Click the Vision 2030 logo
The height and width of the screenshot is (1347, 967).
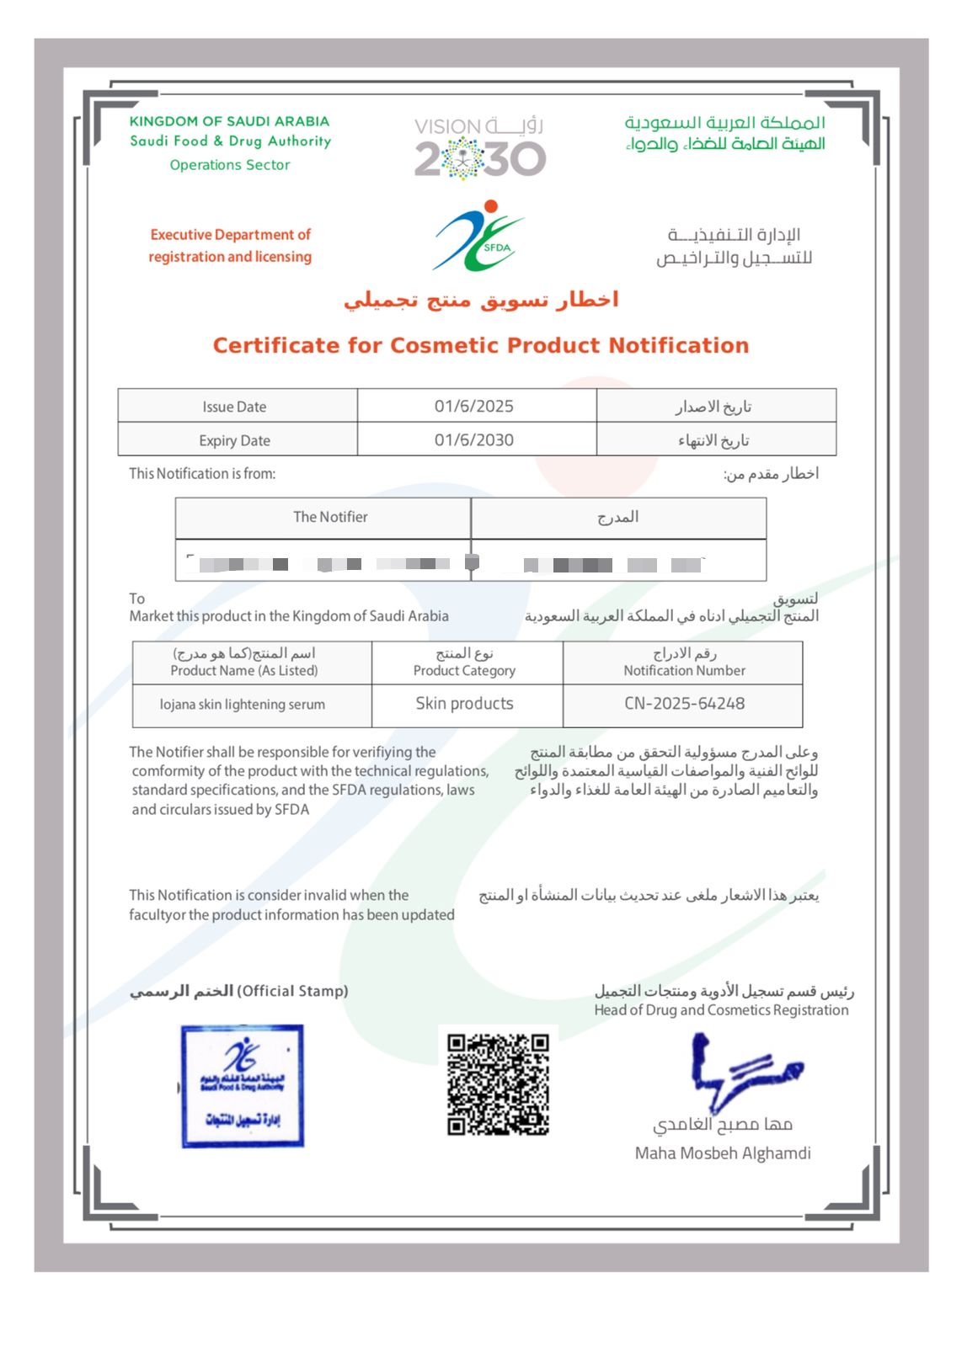(480, 148)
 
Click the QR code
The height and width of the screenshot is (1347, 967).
(498, 1084)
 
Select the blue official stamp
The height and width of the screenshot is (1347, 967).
(243, 1086)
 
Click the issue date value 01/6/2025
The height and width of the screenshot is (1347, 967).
(474, 406)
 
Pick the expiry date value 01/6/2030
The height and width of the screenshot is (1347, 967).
(474, 439)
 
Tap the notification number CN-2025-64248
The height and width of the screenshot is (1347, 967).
(684, 704)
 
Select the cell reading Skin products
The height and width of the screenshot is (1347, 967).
(464, 704)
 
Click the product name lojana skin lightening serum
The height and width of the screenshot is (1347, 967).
(243, 705)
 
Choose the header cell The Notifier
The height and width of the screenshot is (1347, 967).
(330, 517)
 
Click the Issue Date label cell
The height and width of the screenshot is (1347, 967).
(234, 407)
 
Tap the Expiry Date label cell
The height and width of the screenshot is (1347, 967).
(234, 440)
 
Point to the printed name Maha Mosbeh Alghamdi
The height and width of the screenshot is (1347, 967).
(723, 1153)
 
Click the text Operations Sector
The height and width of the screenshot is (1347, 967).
(230, 165)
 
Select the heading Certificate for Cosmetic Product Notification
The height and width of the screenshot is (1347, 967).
(481, 345)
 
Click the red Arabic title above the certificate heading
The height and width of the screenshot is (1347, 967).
(481, 301)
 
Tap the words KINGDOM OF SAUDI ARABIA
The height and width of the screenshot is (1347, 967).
(229, 121)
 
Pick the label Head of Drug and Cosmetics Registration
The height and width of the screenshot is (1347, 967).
(721, 1010)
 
